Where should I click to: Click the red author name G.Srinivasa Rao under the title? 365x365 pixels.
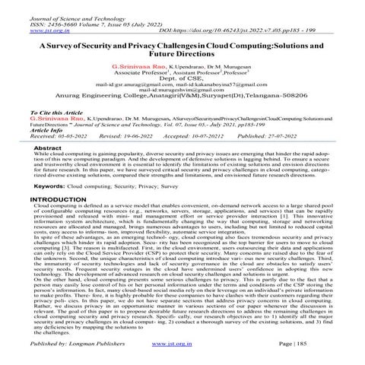click(139, 68)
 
